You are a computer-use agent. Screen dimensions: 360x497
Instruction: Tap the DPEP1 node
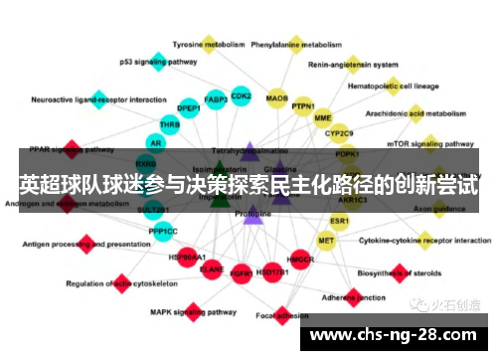188,107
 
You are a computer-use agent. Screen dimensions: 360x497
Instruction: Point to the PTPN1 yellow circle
303,107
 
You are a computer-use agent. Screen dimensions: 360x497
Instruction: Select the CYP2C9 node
340,133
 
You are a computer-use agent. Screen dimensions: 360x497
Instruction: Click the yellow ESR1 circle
340,220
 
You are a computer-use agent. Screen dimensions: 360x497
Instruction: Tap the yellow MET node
326,241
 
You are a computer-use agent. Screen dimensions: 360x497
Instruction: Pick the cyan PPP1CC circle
163,232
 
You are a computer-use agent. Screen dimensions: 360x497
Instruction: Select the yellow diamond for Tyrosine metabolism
208,43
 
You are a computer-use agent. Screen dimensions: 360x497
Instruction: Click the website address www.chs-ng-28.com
397,334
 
